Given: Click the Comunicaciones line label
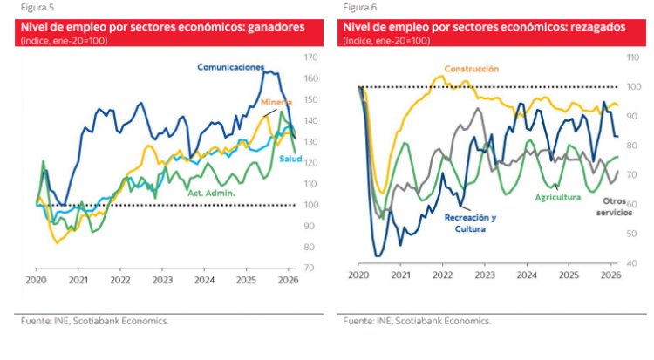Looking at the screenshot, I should point(230,66).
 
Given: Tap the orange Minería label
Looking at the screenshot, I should point(277,102).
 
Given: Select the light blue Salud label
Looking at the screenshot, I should point(290,158).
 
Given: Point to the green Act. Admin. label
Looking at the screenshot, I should point(212,191).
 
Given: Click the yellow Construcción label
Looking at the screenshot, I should point(471,68).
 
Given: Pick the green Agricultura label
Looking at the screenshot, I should point(557,197).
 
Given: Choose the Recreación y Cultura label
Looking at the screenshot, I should point(470,222).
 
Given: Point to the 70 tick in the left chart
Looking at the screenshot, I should point(310,268).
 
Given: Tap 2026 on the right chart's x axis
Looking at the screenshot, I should point(610,275).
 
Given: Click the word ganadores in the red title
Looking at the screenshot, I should point(276,28).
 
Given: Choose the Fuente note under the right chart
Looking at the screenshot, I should point(417,321).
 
